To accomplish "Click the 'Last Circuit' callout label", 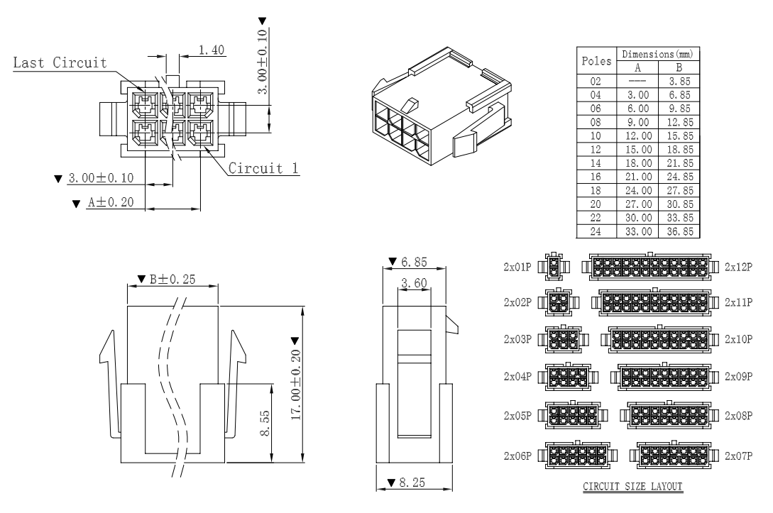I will (60, 63).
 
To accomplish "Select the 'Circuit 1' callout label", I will (262, 169).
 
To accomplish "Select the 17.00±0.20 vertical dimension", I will (296, 382).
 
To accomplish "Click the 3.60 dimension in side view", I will (413, 283).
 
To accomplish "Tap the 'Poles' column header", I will (596, 61).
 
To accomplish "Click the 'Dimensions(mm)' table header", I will (658, 55).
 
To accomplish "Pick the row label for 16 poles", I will (596, 174).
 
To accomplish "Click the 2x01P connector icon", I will (555, 267).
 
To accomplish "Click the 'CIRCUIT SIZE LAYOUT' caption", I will (632, 487).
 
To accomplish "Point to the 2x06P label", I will (518, 456).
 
